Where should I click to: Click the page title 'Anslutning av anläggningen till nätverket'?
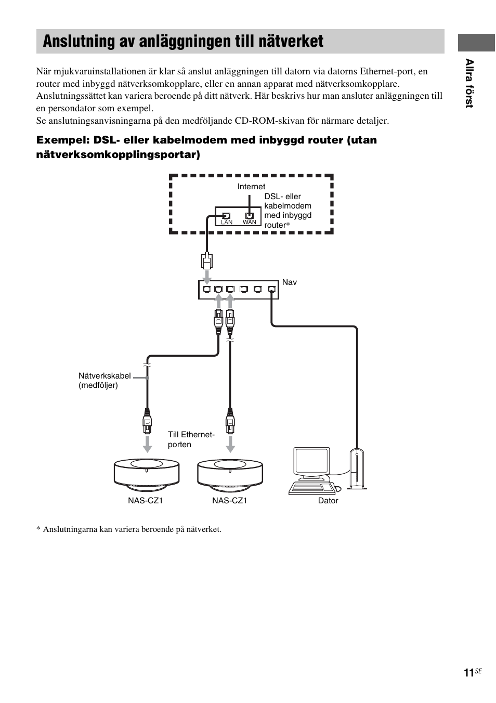[183, 42]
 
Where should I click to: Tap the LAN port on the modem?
[226, 215]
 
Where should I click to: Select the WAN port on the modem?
[250, 215]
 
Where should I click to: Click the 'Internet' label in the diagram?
[251, 187]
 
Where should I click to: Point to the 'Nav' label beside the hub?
[290, 282]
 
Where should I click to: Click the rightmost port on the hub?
[271, 289]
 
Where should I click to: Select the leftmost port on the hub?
[207, 289]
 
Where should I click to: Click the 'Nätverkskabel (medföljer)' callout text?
[105, 381]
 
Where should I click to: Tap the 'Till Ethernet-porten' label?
[191, 439]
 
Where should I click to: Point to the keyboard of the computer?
[311, 488]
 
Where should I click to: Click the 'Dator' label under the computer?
[328, 501]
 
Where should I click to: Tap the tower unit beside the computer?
[357, 469]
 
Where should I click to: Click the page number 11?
[468, 673]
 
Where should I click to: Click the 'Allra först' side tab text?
[469, 83]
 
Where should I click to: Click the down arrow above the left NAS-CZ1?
[148, 444]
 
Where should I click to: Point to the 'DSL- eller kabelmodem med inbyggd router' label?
[288, 211]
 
